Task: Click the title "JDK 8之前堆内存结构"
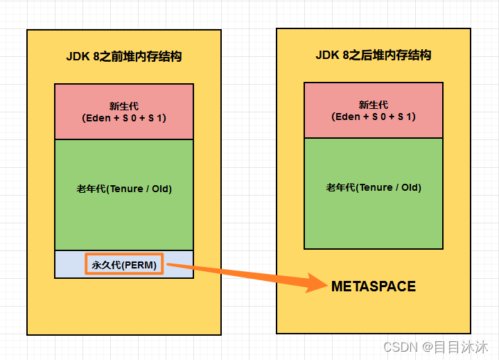(x=124, y=57)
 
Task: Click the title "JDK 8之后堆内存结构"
(x=374, y=55)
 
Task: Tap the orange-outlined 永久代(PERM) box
(x=124, y=264)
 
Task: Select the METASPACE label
(x=374, y=286)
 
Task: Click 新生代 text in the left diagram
(x=124, y=106)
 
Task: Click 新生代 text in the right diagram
(x=374, y=105)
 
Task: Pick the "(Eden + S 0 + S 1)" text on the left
(x=124, y=118)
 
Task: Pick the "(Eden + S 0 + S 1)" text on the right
(x=374, y=117)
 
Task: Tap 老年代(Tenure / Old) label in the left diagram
(x=124, y=189)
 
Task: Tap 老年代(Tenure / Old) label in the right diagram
(x=374, y=187)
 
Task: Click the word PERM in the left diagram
(x=140, y=264)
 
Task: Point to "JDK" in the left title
(x=77, y=57)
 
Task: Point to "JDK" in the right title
(x=326, y=55)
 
